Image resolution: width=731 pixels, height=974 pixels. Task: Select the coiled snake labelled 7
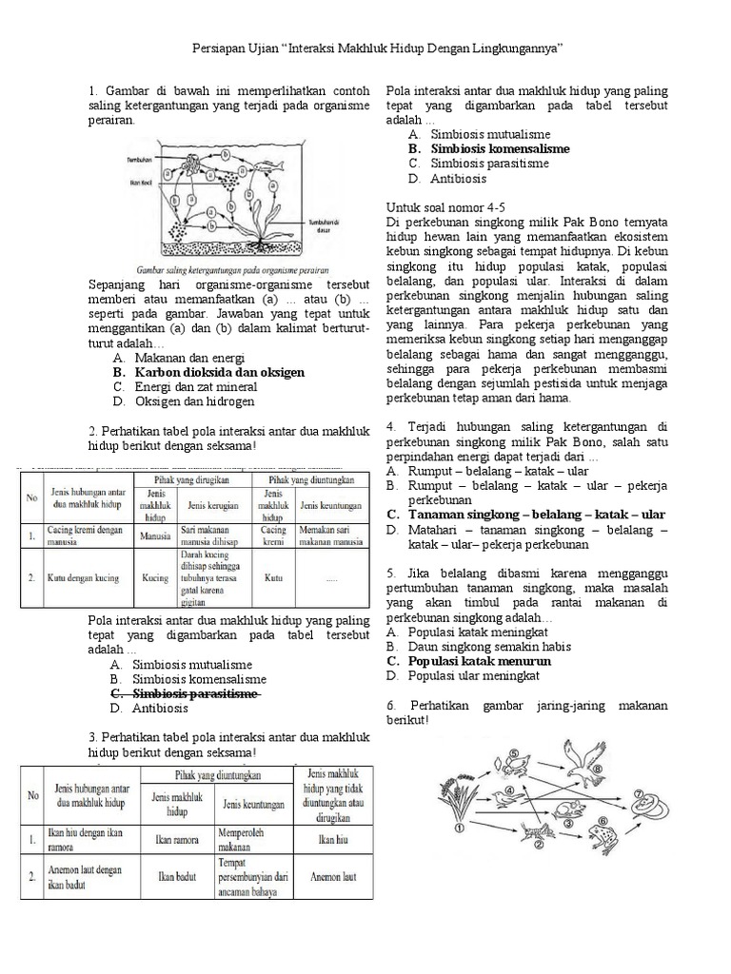(643, 803)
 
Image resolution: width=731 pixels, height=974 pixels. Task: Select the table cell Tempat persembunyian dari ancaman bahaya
(254, 877)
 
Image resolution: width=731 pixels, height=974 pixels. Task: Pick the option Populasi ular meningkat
(473, 675)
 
